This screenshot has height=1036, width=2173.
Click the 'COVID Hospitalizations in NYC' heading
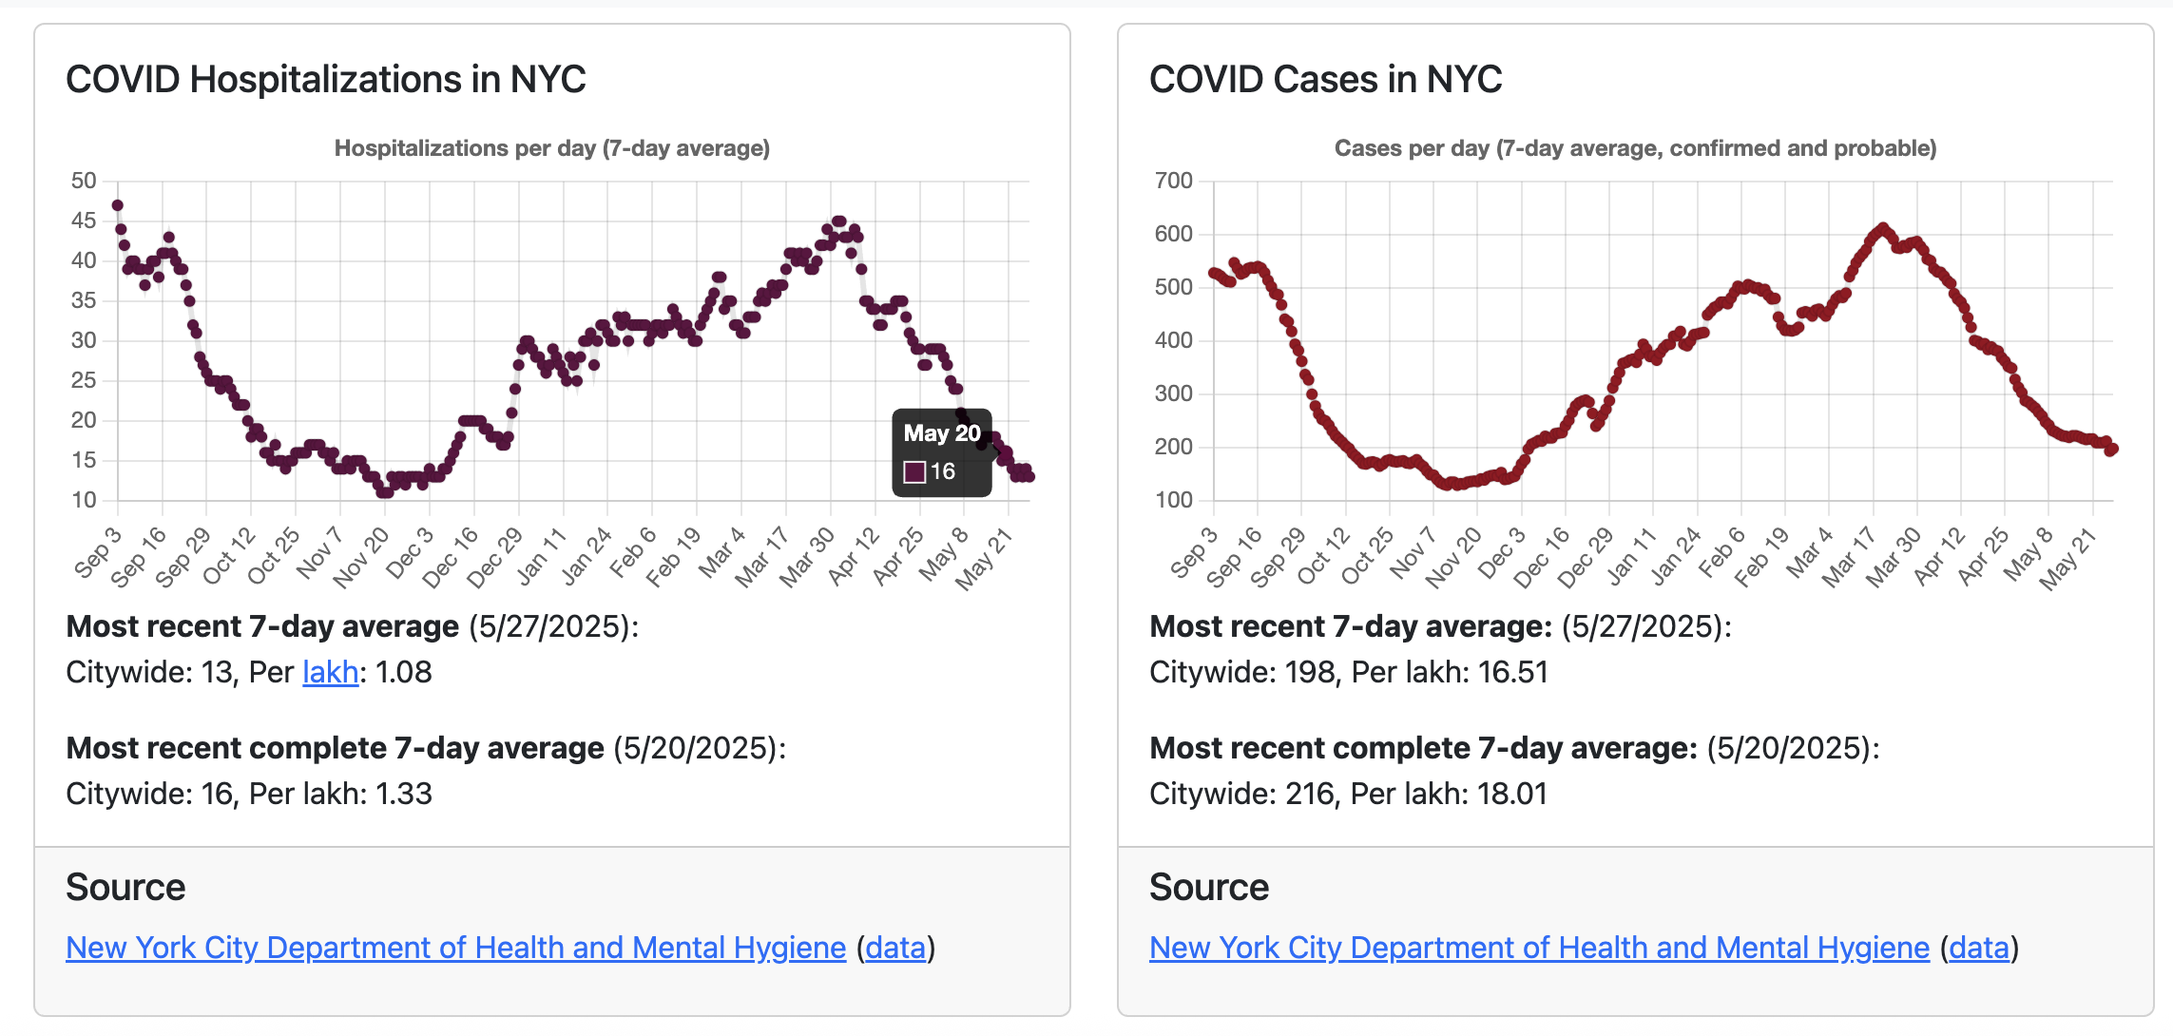tap(325, 80)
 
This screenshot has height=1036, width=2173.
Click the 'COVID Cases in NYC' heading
tap(1325, 80)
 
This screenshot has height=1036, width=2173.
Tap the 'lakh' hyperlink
tap(330, 673)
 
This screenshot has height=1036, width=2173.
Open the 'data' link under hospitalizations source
tap(895, 948)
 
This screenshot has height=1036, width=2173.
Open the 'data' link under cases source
tap(1979, 948)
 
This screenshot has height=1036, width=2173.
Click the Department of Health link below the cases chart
tap(1539, 948)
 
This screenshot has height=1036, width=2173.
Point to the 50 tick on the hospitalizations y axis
tap(84, 181)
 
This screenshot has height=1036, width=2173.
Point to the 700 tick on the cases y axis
tap(1173, 181)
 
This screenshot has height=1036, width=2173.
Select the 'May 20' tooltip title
tap(941, 433)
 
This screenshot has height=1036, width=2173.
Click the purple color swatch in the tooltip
tap(914, 472)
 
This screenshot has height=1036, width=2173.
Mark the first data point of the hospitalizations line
tap(118, 205)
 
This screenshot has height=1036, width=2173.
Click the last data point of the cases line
tap(2111, 450)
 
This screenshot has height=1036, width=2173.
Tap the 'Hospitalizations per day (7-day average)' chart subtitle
tap(551, 148)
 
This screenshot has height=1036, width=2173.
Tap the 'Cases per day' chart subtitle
tap(1635, 148)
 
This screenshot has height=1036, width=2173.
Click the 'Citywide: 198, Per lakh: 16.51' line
tap(1348, 673)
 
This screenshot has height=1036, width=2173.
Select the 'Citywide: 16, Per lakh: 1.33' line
tap(249, 794)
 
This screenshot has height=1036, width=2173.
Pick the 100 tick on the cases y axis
tap(1173, 500)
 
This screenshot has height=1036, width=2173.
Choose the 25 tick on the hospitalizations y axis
tap(84, 380)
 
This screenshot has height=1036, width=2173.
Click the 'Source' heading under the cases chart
tap(1208, 887)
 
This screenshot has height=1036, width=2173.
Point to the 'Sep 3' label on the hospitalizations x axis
tap(99, 552)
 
